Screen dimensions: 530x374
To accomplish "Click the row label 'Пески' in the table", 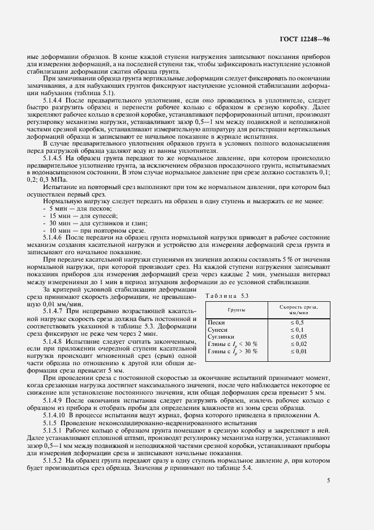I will click(217, 322).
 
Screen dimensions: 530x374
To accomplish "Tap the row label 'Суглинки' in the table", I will click(221, 336).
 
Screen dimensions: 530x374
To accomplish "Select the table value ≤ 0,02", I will click(298, 344).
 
